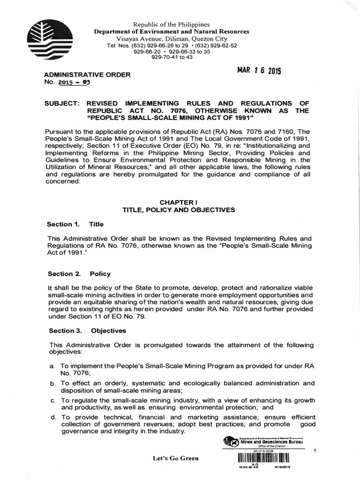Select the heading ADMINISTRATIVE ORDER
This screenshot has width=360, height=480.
pos(87,75)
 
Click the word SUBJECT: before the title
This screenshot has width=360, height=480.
pos(65,103)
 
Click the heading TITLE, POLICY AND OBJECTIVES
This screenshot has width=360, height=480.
pos(179,210)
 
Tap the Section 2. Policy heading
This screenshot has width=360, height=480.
pos(80,274)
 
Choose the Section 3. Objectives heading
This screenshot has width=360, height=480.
pos(88,330)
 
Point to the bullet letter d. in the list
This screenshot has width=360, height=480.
pos(52,417)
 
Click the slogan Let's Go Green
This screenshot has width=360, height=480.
pos(175,458)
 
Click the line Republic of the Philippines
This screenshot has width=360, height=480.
pos(172,24)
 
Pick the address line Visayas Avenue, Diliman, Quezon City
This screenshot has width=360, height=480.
pos(172,38)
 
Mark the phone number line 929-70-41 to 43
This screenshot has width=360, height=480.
pos(172,58)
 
